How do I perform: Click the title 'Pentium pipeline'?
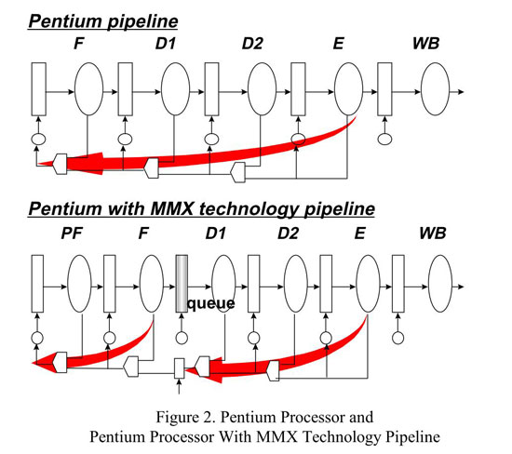point(103,22)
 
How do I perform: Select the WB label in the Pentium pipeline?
point(425,44)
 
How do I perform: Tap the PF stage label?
point(72,233)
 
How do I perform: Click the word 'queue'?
point(211,303)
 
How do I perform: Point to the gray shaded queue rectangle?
point(182,284)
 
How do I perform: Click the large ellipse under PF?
point(79,284)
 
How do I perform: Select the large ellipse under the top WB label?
point(435,89)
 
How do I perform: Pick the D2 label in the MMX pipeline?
point(288,233)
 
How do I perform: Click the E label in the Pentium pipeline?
point(339,44)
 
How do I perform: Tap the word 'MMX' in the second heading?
point(172,209)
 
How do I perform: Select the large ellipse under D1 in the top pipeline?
point(176,89)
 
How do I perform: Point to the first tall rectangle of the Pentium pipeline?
point(38,89)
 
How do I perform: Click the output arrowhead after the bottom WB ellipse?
point(461,287)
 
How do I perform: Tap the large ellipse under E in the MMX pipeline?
point(368,284)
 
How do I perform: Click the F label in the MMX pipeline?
point(143,233)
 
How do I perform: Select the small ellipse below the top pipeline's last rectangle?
point(384,139)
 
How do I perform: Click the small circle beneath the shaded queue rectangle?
point(182,338)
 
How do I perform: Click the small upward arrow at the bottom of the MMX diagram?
point(179,386)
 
